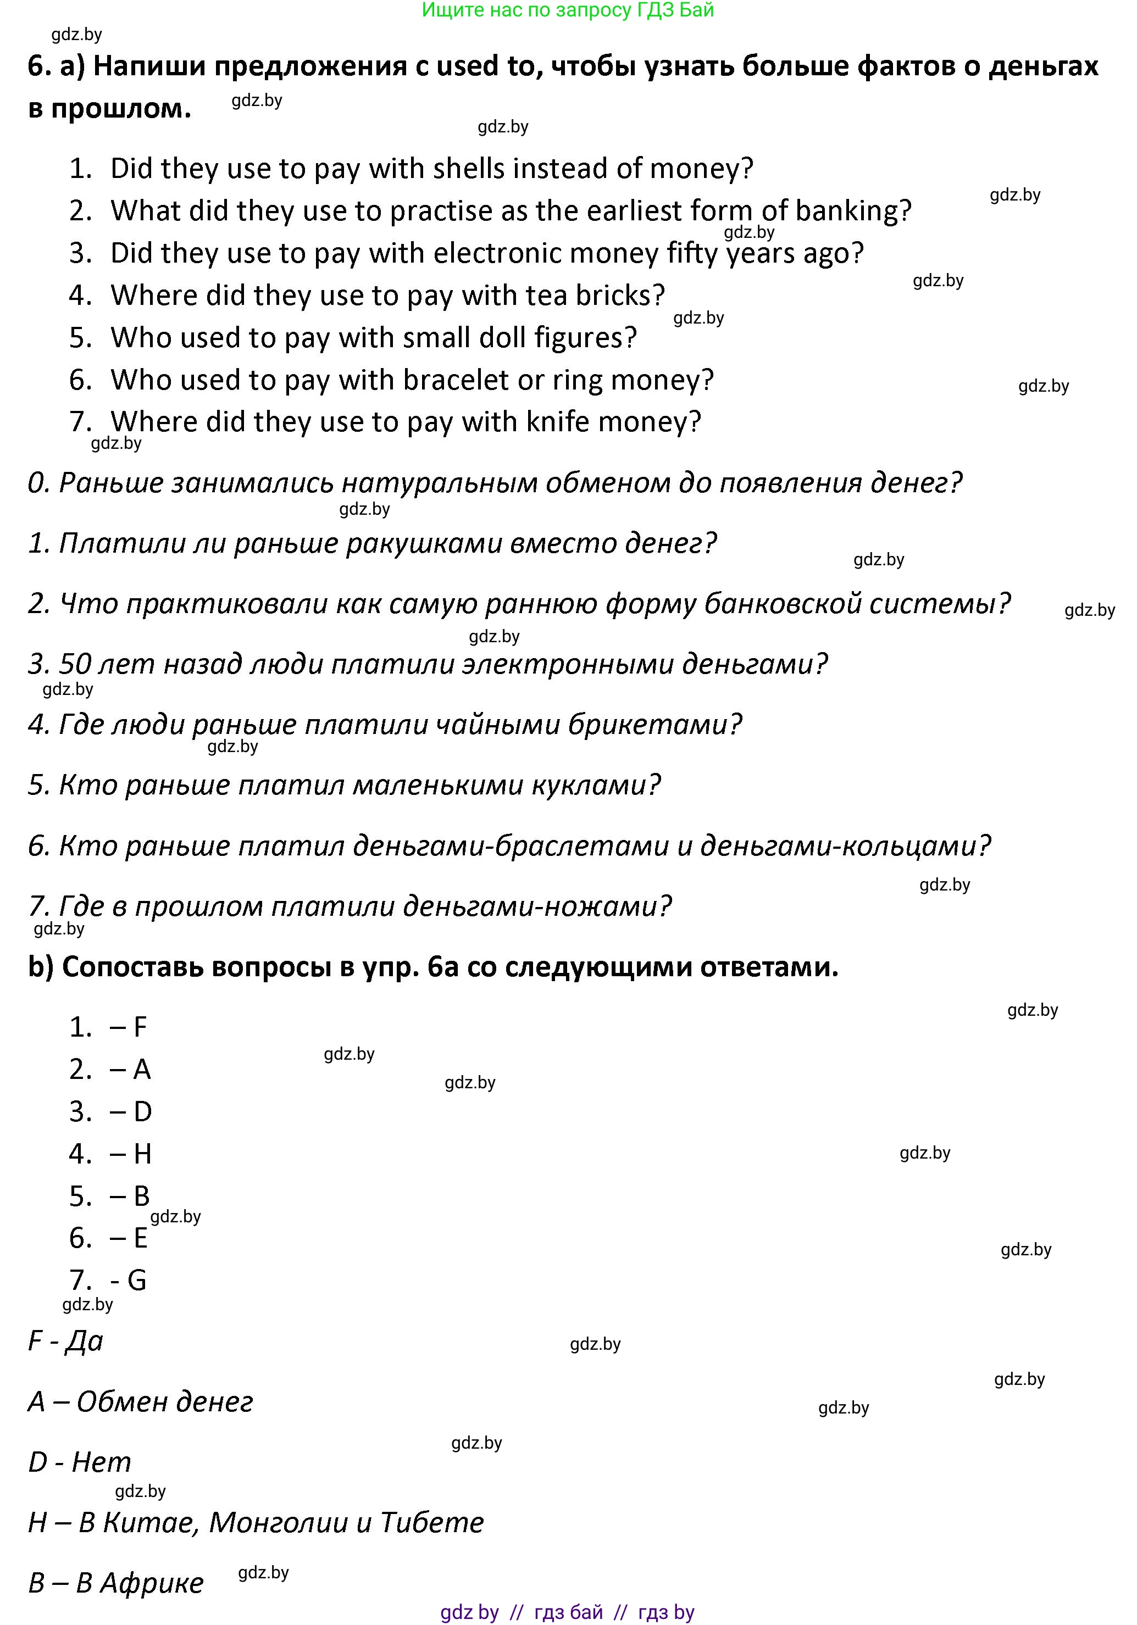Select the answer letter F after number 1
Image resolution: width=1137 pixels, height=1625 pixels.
point(140,1027)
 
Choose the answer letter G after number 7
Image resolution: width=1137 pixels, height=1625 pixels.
point(137,1281)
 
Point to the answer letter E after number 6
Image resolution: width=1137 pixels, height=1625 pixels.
point(140,1238)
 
